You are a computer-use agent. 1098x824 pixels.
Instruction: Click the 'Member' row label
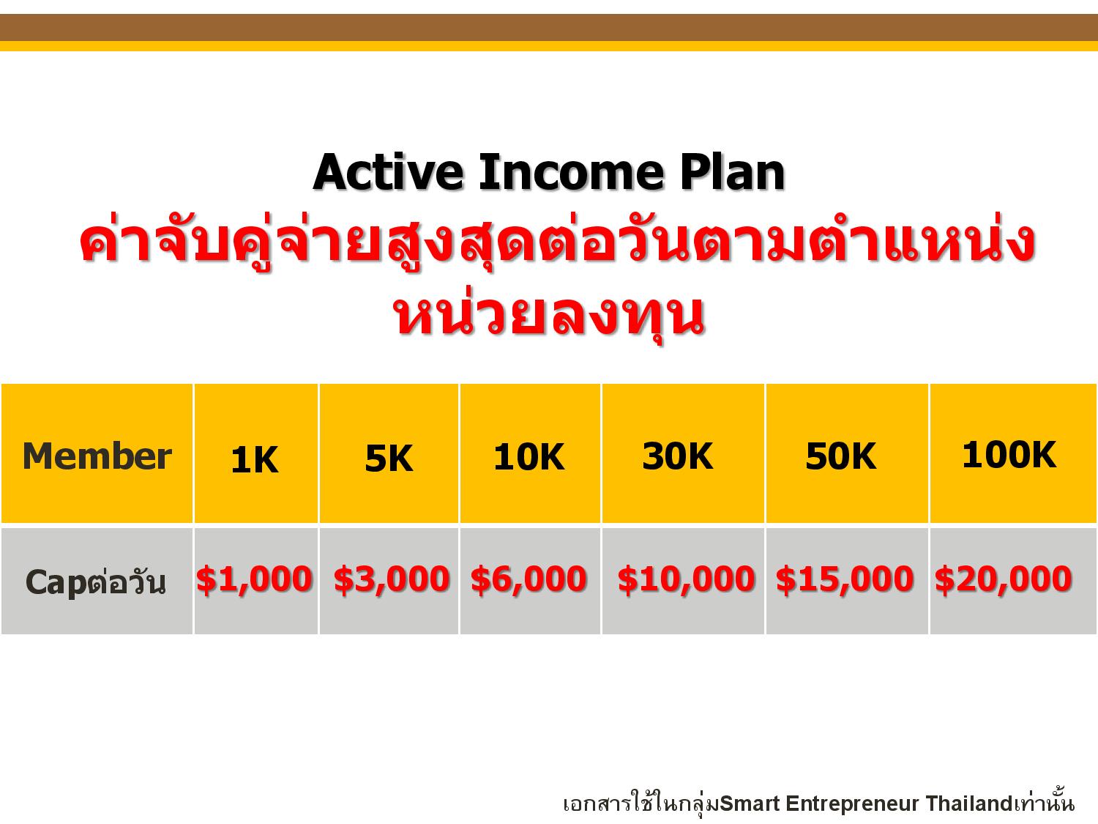[97, 456]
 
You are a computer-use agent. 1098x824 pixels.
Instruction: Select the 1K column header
[255, 460]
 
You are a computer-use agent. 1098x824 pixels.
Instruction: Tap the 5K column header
[389, 458]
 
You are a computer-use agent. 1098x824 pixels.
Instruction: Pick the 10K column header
[529, 456]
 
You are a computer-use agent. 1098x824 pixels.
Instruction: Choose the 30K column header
[677, 456]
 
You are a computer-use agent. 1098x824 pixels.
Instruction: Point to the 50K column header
[841, 456]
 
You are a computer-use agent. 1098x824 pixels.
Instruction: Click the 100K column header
[1009, 454]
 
